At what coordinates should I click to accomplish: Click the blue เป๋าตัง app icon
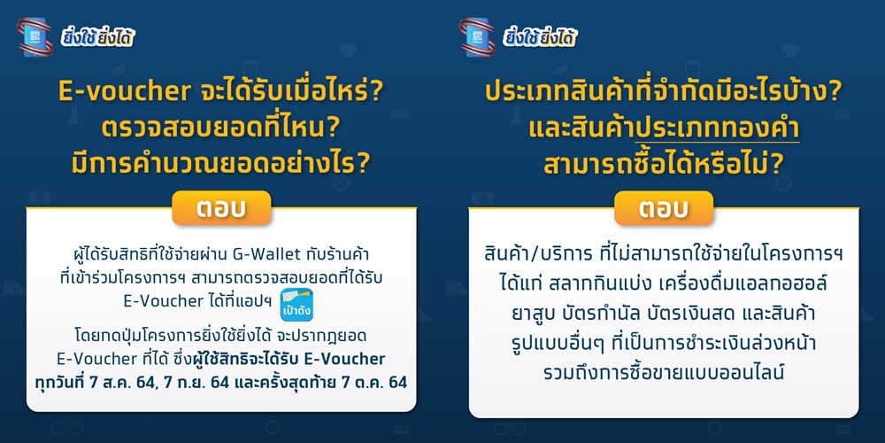pyautogui.click(x=296, y=306)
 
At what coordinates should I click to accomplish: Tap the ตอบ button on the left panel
pyautogui.click(x=221, y=208)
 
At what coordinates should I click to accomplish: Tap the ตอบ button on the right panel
pyautogui.click(x=664, y=208)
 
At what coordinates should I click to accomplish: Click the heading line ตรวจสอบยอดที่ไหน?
pyautogui.click(x=220, y=128)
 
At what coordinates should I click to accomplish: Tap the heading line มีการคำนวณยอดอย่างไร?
pyautogui.click(x=220, y=162)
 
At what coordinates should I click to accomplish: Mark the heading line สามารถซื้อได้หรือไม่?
pyautogui.click(x=663, y=162)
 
